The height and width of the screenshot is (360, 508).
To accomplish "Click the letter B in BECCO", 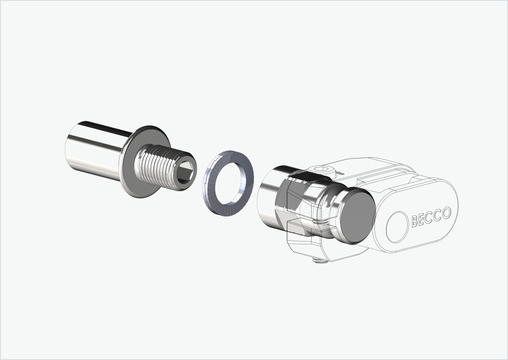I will [x=415, y=221].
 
